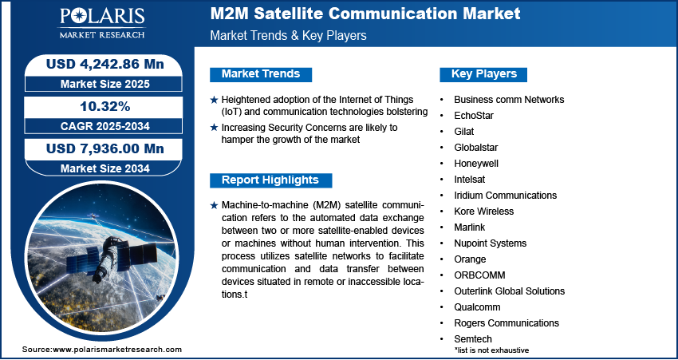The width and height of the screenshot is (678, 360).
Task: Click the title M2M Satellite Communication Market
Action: (x=365, y=14)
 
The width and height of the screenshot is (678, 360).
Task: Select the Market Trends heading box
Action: (x=261, y=74)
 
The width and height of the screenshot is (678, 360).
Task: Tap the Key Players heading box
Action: (x=484, y=74)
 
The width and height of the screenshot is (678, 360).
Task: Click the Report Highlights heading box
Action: (x=270, y=180)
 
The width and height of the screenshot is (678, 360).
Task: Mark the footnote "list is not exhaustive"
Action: (x=491, y=350)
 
